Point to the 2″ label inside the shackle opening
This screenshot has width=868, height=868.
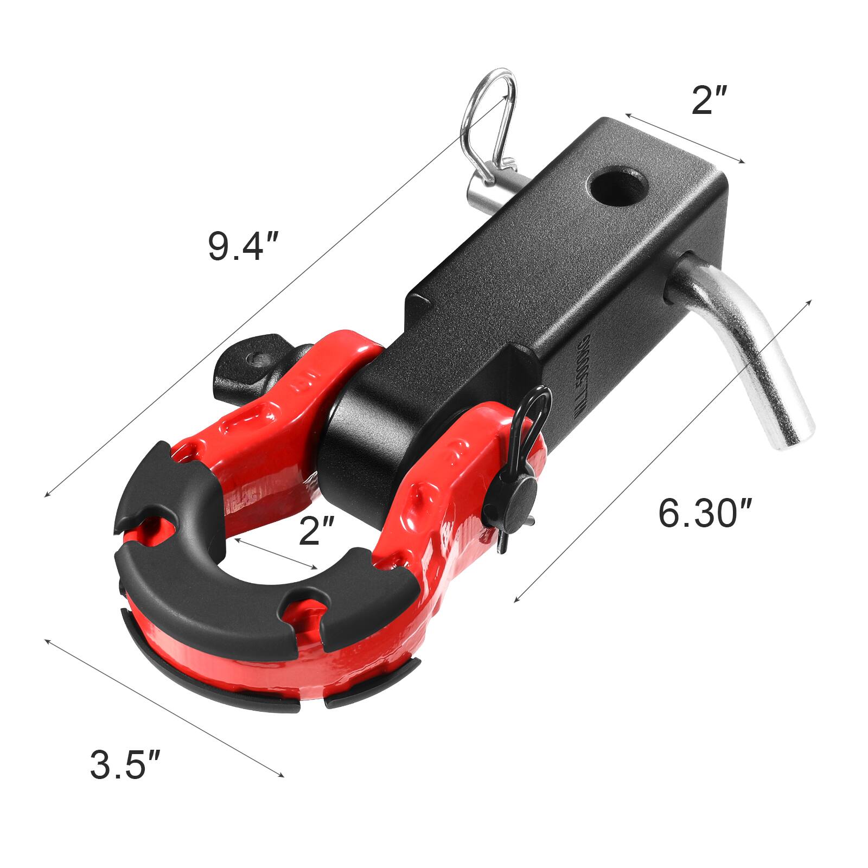tap(317, 530)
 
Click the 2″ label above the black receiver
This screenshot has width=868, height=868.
tap(712, 100)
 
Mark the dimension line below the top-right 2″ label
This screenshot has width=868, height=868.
tap(685, 139)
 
